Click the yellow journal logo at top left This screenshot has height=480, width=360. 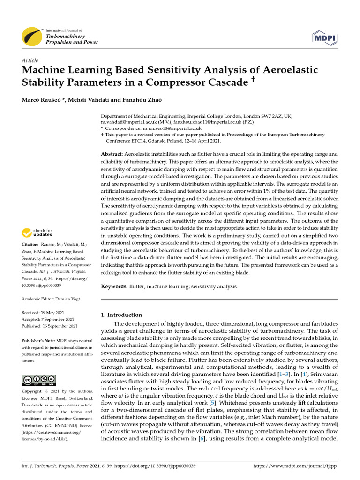tap(33, 36)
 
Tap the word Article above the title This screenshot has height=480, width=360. tap(30, 60)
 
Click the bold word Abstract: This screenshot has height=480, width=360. tap(112, 154)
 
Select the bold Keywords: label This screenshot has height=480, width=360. tap(114, 286)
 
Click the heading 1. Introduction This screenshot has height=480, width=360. tap(121, 315)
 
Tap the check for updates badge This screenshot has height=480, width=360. tap(37, 232)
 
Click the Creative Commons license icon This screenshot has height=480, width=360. tap(38, 380)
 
